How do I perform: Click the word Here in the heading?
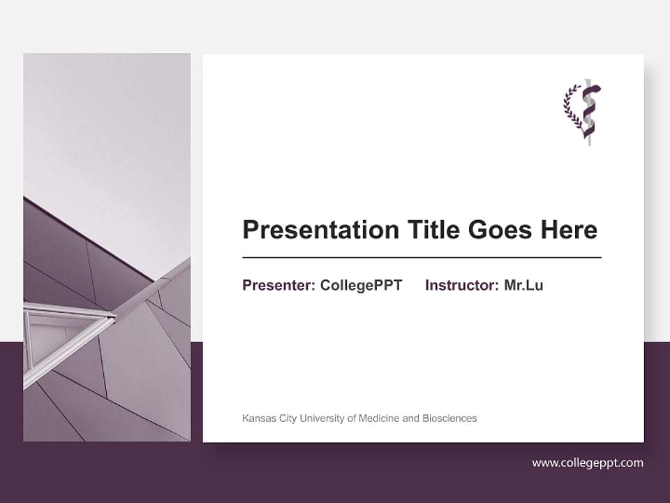coord(569,230)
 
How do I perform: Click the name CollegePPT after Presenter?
coord(361,285)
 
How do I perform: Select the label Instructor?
coord(462,285)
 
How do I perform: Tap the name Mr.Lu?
coord(523,285)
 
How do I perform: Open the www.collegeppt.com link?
coord(588,462)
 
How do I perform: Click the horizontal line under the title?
coord(422,258)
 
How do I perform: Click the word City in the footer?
coord(288,418)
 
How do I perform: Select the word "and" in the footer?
coord(411,418)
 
